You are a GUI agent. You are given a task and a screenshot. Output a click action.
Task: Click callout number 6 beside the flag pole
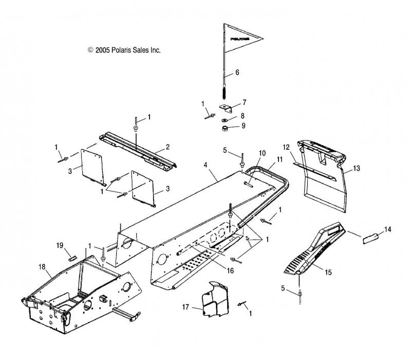point(237,73)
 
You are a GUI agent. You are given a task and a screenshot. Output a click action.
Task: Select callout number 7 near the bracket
point(244,102)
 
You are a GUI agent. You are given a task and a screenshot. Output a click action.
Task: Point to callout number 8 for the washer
point(243,116)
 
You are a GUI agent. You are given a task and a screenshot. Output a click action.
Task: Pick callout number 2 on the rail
point(167,148)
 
